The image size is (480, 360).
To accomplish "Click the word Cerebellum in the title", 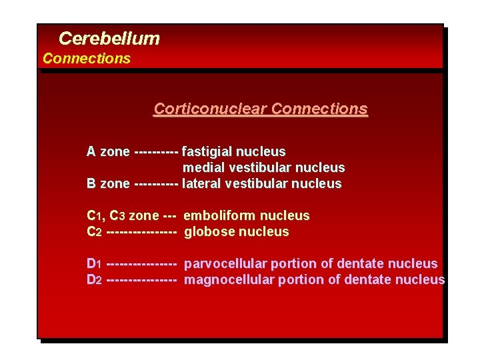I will coord(109,39).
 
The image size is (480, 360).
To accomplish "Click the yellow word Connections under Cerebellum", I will coord(87,59).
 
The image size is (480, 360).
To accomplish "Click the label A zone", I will coord(108,152).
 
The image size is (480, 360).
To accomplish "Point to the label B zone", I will coord(108,184).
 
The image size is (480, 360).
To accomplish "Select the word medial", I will coord(203,168).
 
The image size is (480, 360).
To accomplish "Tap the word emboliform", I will coord(219,216).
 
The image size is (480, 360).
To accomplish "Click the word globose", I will coord(208,232).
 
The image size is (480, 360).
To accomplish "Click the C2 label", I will coord(94,232).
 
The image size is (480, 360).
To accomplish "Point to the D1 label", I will coord(94,264).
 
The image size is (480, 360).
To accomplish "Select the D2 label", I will coord(94,280).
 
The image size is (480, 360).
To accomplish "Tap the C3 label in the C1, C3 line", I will coord(117,216).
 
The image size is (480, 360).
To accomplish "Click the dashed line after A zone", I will coord(156,152).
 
